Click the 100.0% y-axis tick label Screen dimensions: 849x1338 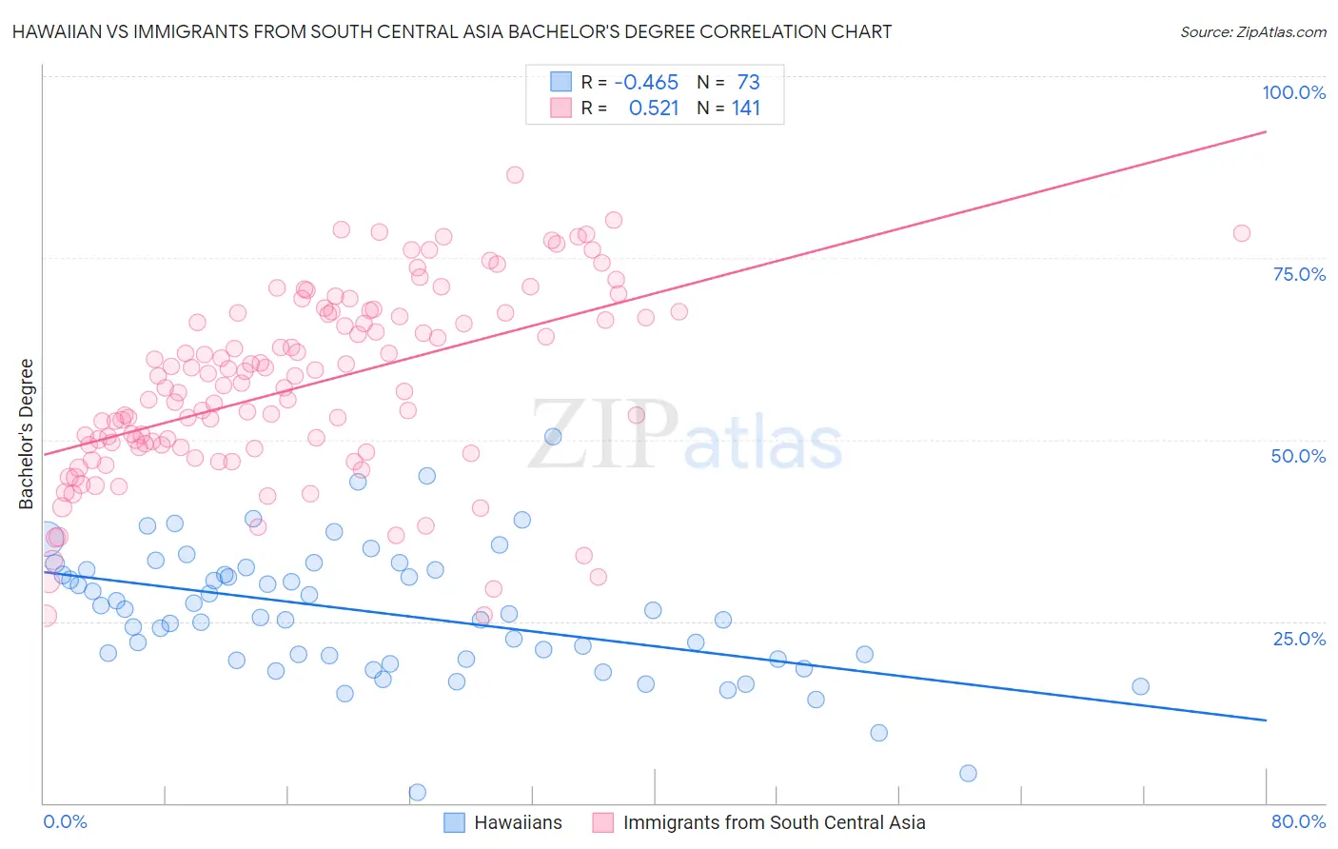point(1293,92)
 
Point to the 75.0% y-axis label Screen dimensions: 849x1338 point(1299,274)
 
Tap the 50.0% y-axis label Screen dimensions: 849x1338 point(1298,456)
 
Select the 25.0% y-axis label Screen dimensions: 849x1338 point(1299,638)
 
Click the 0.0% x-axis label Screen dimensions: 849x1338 point(65,821)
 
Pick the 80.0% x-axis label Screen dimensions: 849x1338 point(1298,821)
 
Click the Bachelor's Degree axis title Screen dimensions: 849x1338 point(27,434)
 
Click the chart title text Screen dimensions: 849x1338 point(452,31)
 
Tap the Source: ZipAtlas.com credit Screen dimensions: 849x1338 point(1252,32)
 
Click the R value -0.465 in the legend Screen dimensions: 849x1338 point(646,83)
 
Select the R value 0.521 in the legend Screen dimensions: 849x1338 point(654,109)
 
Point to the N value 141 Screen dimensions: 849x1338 point(746,109)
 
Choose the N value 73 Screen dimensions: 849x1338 point(748,83)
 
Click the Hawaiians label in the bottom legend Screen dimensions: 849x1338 point(518,822)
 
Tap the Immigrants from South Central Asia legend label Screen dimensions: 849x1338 point(774,822)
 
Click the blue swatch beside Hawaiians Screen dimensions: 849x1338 point(455,822)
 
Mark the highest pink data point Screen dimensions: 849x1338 point(515,174)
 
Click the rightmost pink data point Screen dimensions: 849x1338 point(1241,233)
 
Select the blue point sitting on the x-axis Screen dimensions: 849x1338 point(417,792)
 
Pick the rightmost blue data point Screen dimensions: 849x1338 point(1140,686)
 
